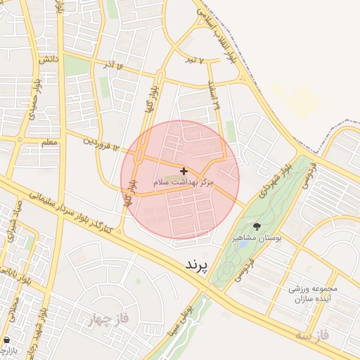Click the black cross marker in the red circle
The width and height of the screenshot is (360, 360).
click(184, 171)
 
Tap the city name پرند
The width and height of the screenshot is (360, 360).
click(198, 265)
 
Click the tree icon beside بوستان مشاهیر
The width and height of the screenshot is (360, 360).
click(256, 226)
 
